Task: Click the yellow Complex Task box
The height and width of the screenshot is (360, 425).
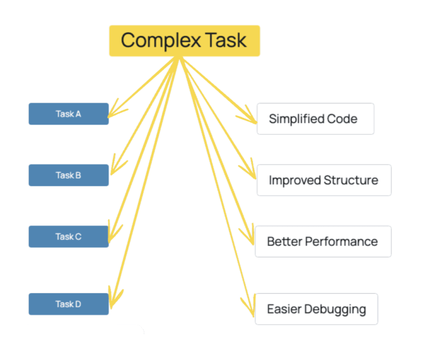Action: pos(185,41)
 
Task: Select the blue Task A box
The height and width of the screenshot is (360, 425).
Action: pos(69,114)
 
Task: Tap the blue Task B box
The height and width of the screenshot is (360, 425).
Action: pos(69,175)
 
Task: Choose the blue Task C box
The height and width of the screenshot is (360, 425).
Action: pos(69,236)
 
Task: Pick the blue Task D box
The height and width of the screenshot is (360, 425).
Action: pos(69,304)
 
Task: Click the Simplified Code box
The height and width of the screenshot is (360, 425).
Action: pos(316,118)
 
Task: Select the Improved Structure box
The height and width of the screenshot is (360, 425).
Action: pos(324,180)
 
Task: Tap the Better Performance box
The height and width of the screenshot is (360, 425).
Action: pos(323,242)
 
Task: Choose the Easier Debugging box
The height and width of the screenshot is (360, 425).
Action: pos(316,309)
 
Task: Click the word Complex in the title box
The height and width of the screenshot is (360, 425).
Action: pos(161,41)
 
